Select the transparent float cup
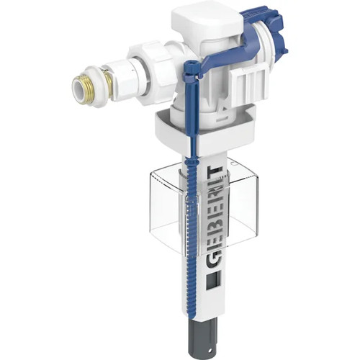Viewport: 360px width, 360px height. coord(204,207)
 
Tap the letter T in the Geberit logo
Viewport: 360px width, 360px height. coord(213,172)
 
